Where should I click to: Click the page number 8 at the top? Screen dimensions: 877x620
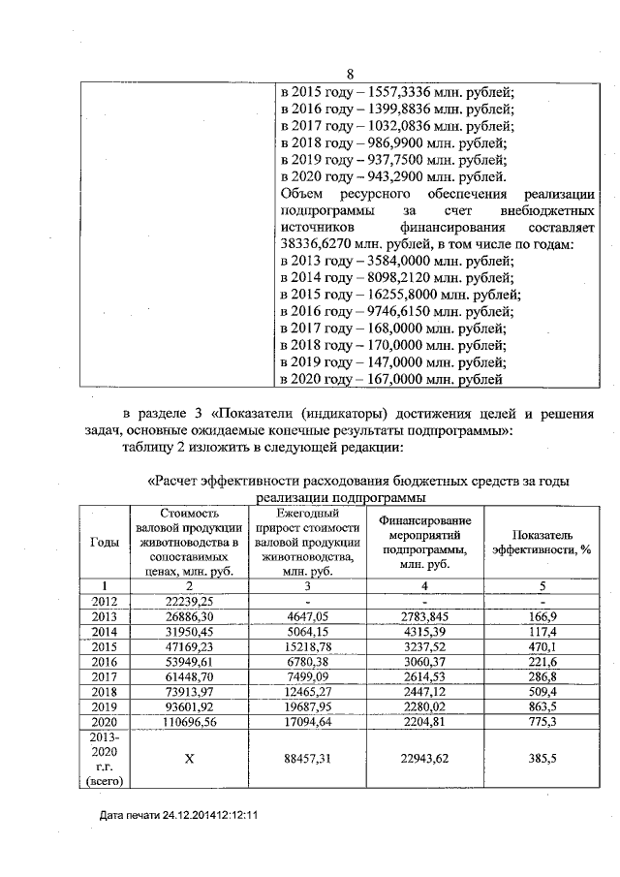pyautogui.click(x=351, y=74)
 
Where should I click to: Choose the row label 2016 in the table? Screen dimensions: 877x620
pyautogui.click(x=104, y=666)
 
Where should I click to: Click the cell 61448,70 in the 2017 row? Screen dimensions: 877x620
pyautogui.click(x=189, y=682)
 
